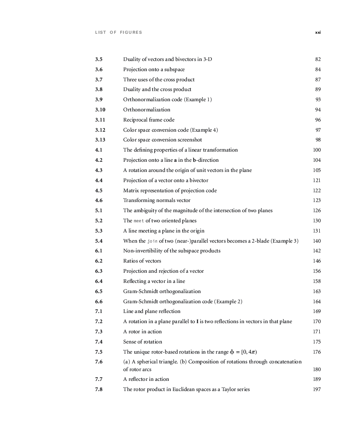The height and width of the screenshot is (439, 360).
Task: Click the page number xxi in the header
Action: (x=318, y=33)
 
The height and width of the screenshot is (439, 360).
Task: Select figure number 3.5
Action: (x=99, y=59)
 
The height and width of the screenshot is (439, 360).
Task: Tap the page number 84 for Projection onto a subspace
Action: (x=318, y=70)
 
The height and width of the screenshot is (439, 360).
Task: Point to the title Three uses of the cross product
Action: (x=159, y=80)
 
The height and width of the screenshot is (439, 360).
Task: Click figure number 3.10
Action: (x=100, y=110)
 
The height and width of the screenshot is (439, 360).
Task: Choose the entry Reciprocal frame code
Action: (x=148, y=120)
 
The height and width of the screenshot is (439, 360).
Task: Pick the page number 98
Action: (x=318, y=140)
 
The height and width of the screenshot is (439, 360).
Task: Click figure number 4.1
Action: (x=99, y=150)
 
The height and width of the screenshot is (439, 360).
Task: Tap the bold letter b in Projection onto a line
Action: (x=194, y=160)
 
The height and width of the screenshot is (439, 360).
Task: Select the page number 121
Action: (x=317, y=180)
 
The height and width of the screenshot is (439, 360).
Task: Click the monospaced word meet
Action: (x=139, y=221)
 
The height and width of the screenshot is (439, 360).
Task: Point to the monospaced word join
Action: (x=152, y=241)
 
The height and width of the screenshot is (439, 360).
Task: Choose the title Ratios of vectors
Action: (x=142, y=261)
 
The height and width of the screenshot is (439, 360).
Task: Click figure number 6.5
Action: (x=99, y=291)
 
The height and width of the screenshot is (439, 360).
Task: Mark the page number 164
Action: (x=317, y=302)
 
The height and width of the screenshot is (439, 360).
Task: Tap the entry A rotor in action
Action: (x=142, y=332)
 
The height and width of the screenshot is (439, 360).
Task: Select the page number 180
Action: (x=317, y=369)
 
